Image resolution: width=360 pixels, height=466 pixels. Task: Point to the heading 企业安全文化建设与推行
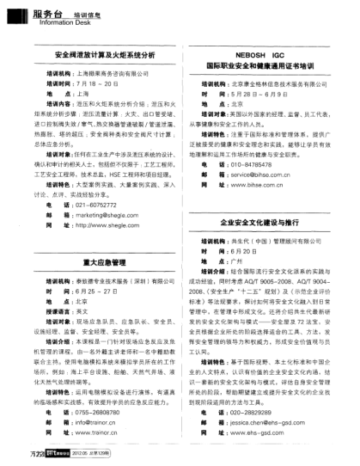265,222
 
